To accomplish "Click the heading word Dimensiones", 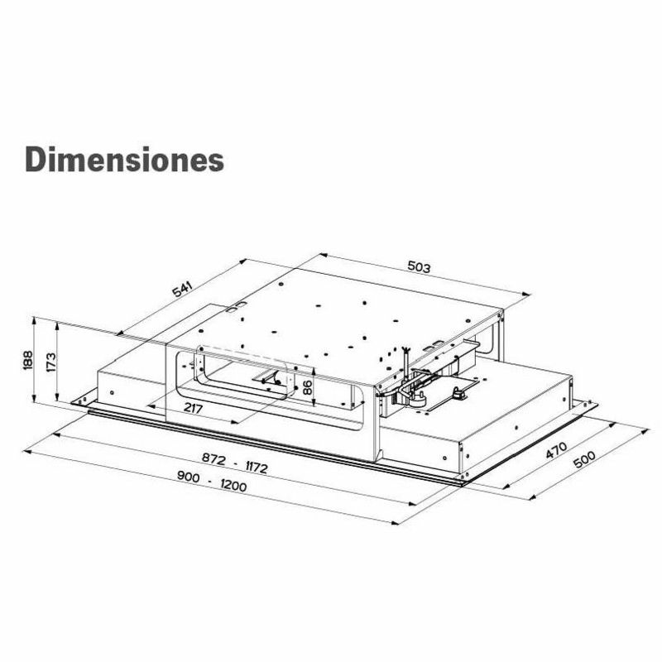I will click(124, 159).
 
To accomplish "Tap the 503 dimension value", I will click(420, 267).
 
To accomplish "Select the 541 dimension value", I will click(182, 289).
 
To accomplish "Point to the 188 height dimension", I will click(28, 360).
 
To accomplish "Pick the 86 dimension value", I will click(307, 386).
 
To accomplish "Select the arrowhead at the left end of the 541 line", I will click(121, 334).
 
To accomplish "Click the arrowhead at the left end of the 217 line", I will click(148, 405).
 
